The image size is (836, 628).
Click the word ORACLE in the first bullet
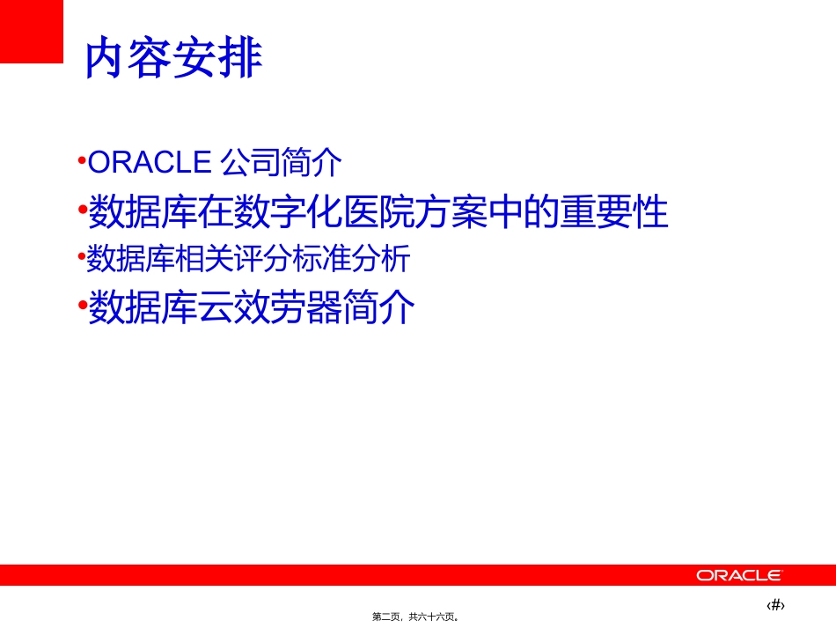coord(150,163)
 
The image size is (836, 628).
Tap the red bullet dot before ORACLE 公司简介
coord(82,160)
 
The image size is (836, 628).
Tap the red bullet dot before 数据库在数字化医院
coord(82,211)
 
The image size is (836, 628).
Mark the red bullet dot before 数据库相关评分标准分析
coord(82,257)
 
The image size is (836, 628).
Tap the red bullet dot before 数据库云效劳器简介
coord(82,305)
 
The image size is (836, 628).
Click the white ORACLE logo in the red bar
coord(738,575)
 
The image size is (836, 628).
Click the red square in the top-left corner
coord(32,31)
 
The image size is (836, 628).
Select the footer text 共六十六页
coord(432,617)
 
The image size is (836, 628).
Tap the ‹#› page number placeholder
coord(776,604)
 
